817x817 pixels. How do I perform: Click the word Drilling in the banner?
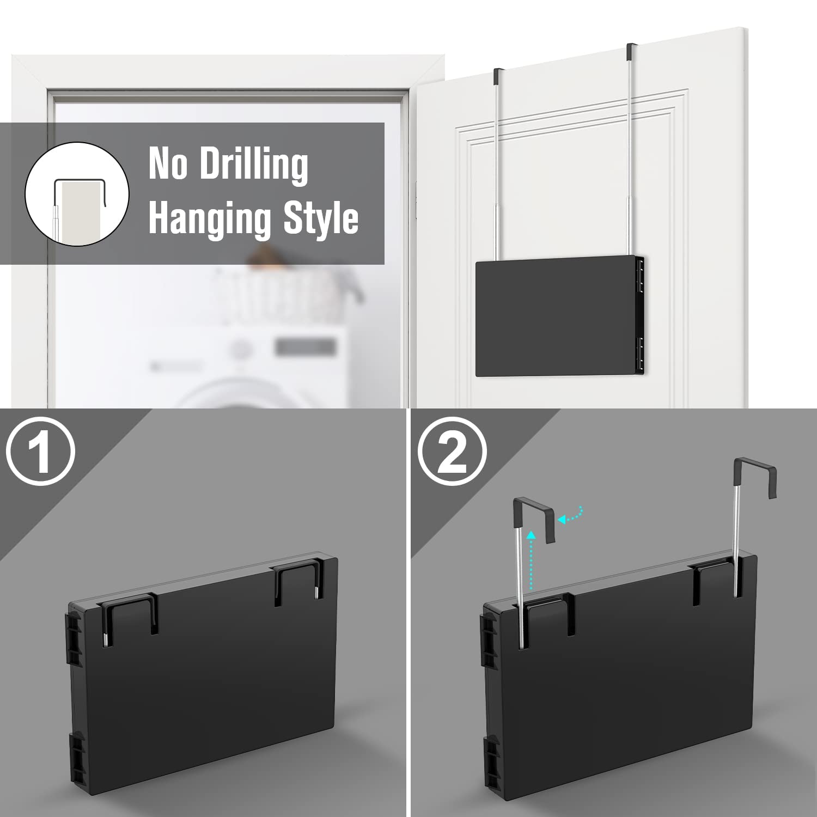coord(254,164)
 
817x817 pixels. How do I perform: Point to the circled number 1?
coord(40,451)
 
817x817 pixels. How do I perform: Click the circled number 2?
coord(452,451)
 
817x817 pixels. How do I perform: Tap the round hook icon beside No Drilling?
coord(77,193)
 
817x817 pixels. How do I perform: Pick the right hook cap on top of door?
coord(631,51)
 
